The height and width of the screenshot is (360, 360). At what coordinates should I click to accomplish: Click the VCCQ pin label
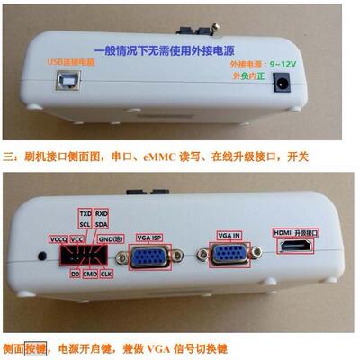click(58, 239)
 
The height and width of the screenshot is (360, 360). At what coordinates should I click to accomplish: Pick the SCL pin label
click(85, 225)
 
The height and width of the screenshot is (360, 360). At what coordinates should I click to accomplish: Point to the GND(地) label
click(110, 238)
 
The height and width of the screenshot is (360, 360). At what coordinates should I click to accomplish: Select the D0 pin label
click(75, 273)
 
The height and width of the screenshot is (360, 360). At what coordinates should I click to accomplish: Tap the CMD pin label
click(90, 273)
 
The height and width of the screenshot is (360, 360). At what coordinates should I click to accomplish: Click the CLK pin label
click(106, 273)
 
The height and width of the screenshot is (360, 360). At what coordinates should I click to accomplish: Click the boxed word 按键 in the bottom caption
click(34, 347)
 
